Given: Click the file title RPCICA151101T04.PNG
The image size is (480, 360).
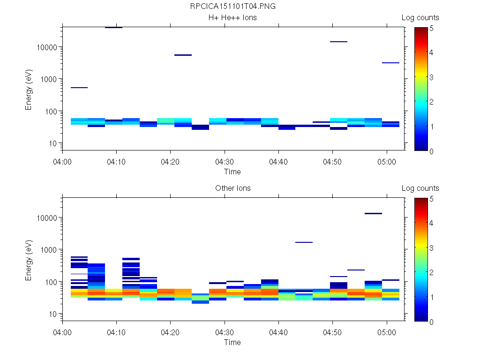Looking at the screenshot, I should click(232, 7).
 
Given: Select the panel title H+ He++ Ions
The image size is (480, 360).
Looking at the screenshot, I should click(232, 18).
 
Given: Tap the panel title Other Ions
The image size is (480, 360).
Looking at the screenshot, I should click(232, 188).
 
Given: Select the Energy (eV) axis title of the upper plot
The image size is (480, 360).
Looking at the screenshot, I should click(29, 91).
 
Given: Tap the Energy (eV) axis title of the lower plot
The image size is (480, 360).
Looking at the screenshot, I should click(29, 262).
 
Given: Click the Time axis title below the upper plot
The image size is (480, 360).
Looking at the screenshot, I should click(232, 172).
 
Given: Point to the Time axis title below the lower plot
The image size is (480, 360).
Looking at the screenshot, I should click(232, 342).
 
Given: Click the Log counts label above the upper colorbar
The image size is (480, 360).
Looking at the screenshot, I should click(420, 18).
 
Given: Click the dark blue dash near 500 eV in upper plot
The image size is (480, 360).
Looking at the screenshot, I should click(79, 88).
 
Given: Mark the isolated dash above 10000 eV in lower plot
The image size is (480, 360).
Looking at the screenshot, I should click(373, 213).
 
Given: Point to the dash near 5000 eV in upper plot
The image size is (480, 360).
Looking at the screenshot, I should click(183, 55).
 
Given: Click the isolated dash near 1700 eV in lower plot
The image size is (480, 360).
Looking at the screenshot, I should click(304, 242).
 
